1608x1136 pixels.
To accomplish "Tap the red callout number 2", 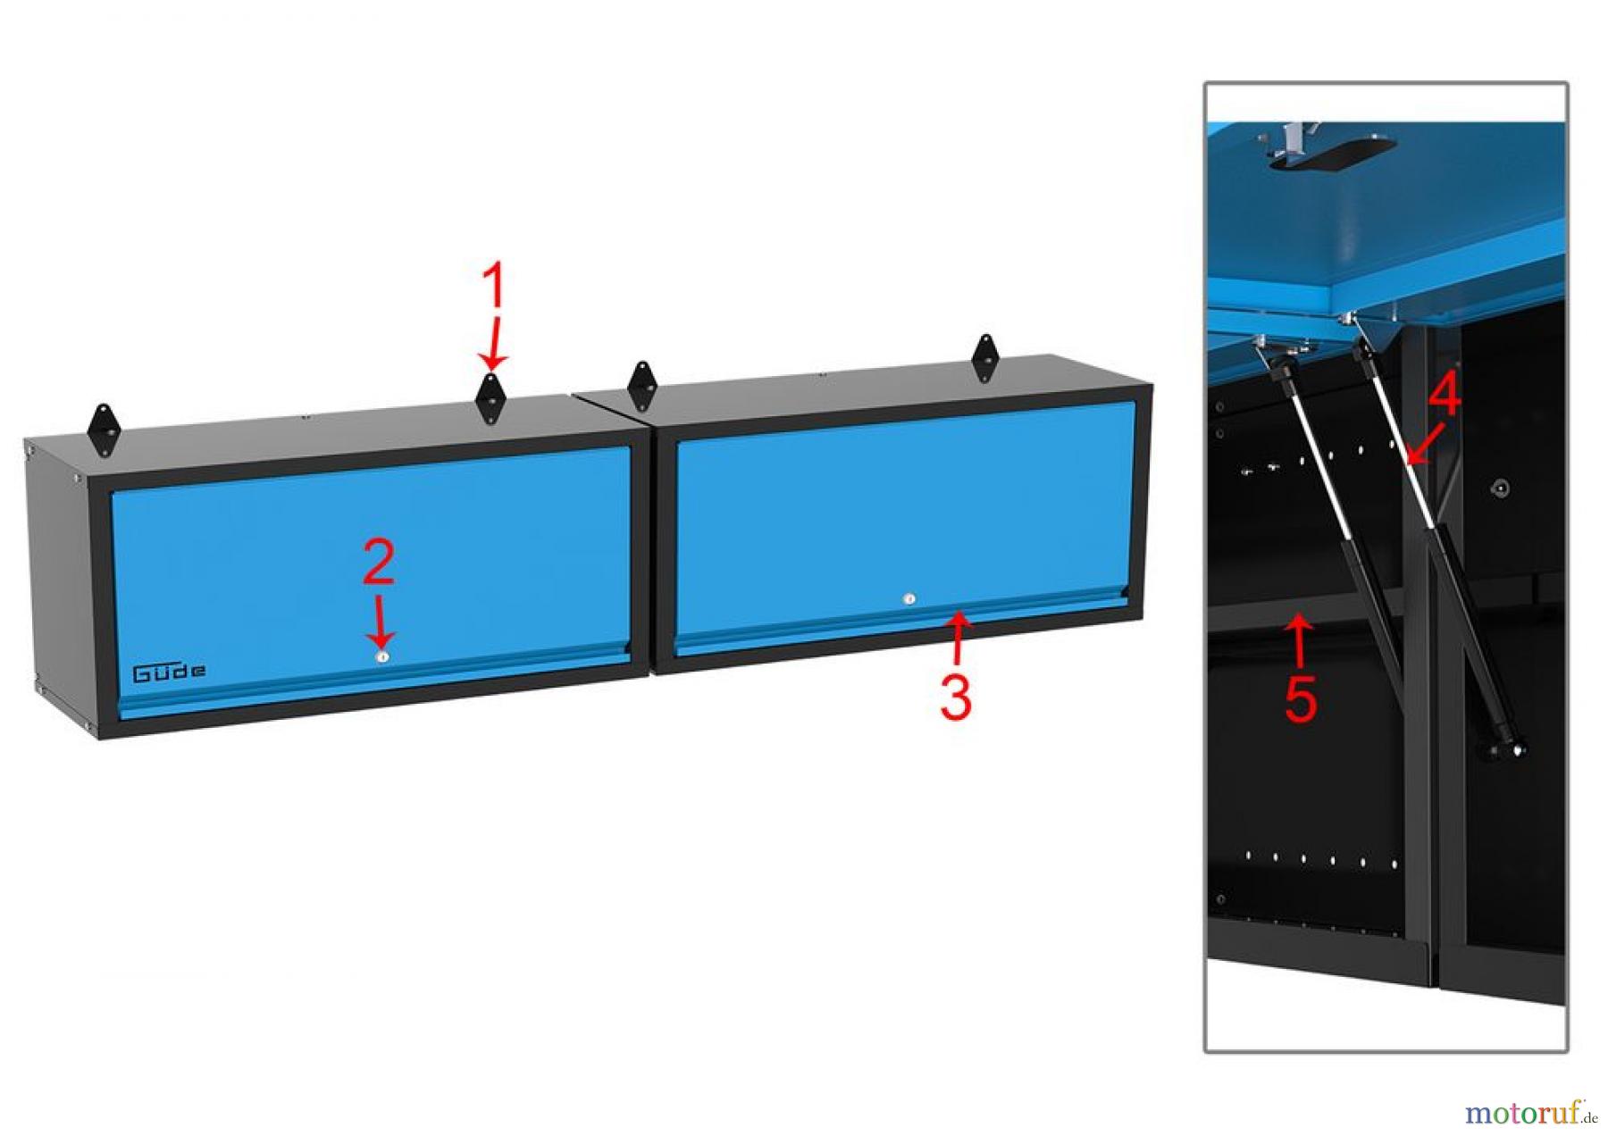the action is (379, 563).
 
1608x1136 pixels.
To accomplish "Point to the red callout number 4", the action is (1444, 394).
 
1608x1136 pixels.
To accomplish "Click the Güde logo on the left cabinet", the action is (169, 672).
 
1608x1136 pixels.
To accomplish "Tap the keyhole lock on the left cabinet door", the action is (381, 656).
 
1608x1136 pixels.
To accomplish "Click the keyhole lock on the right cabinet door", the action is (909, 599).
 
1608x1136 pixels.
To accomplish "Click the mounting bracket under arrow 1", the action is (490, 399).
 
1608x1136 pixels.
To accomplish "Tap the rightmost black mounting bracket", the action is (984, 358).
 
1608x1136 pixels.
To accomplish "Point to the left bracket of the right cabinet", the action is (641, 386).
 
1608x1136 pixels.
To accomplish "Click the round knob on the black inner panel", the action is (1501, 488).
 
